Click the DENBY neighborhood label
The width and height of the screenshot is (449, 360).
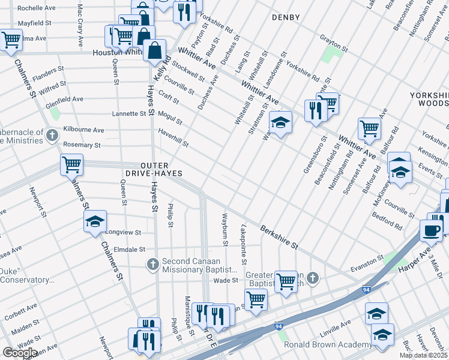point(285,17)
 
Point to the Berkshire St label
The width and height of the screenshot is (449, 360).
point(279,237)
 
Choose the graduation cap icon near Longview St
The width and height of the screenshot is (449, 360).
point(95,222)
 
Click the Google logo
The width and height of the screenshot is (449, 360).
point(20,352)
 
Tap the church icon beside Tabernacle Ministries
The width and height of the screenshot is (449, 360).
point(52,134)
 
